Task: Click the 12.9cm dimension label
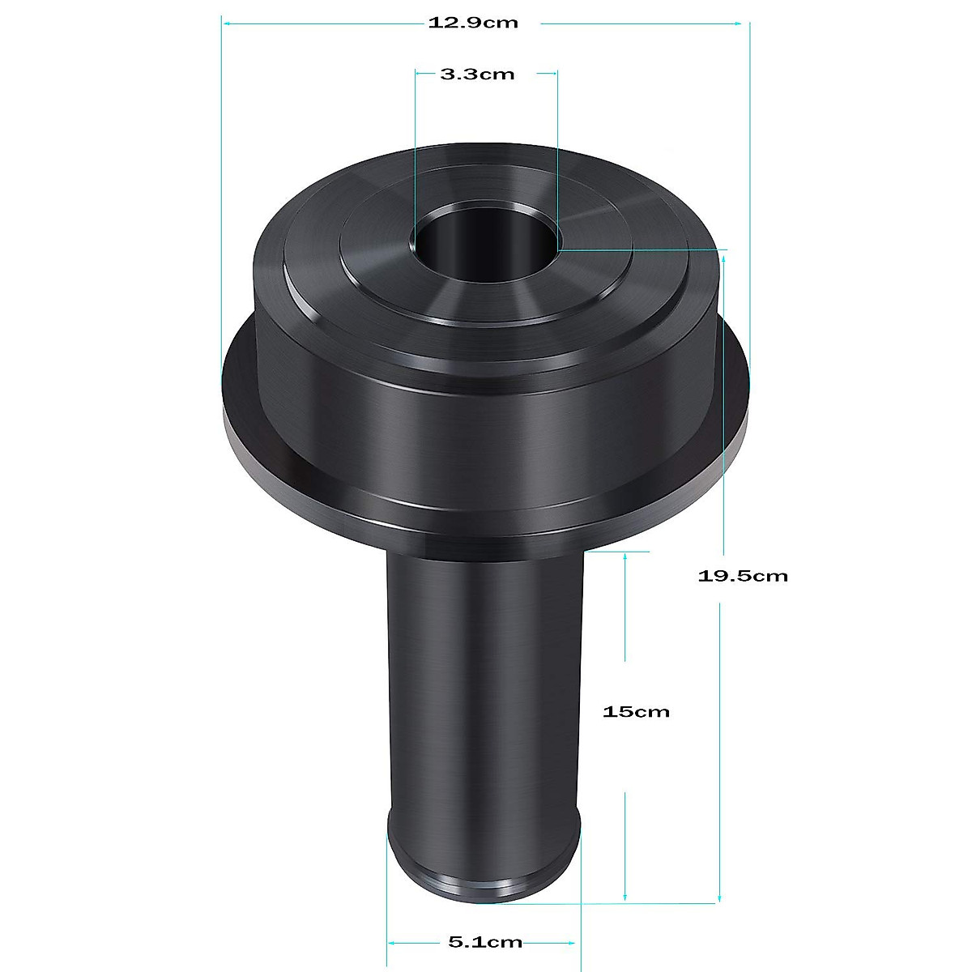[x=473, y=23]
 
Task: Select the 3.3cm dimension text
[x=477, y=75]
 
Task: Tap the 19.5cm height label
[x=742, y=576]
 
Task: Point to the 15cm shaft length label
[x=636, y=712]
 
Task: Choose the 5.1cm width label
[x=484, y=942]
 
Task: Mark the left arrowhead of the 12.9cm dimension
[x=228, y=23]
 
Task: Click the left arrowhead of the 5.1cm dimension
[x=393, y=942]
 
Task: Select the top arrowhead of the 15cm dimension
[x=625, y=557]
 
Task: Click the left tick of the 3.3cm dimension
[x=416, y=75]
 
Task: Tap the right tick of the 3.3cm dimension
[x=557, y=75]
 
